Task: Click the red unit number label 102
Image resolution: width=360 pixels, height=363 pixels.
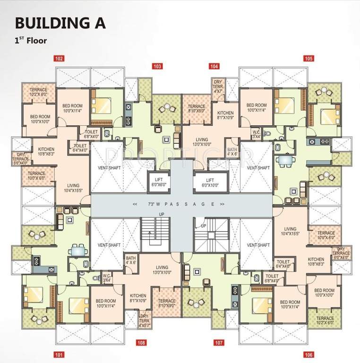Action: [59, 59]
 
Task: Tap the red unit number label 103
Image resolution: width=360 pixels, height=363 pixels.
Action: [157, 66]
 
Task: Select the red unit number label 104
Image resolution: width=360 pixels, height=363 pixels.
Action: [214, 66]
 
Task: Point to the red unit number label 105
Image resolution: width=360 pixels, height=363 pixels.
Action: [309, 59]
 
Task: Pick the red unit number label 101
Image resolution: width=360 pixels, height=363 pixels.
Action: [59, 354]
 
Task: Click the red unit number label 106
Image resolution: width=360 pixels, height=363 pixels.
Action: [309, 354]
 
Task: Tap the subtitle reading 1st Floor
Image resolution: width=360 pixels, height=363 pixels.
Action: [31, 41]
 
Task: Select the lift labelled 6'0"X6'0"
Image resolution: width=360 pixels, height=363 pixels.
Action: [157, 183]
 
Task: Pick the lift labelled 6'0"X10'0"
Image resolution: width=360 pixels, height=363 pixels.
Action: [210, 183]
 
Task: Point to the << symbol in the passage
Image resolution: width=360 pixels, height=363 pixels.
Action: [136, 204]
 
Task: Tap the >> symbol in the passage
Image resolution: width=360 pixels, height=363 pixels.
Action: [222, 204]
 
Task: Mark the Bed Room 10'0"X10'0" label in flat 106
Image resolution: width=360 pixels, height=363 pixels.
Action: [324, 293]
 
